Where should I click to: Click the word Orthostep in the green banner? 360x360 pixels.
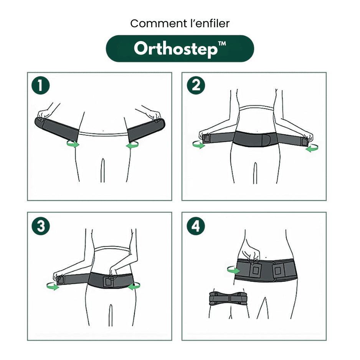[175, 49]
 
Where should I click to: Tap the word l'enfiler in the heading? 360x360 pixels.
[207, 24]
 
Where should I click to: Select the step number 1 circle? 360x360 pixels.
[41, 86]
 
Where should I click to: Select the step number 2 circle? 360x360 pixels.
[196, 86]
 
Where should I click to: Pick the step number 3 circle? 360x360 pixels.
[41, 226]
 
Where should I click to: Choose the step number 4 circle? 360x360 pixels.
[196, 226]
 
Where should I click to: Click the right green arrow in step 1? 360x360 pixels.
[132, 145]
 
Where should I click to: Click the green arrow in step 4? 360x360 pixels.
[233, 270]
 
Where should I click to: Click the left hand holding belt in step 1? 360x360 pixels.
[45, 114]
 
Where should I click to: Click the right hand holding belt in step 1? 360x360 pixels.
[154, 114]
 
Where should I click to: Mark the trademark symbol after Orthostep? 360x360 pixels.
[222, 45]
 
